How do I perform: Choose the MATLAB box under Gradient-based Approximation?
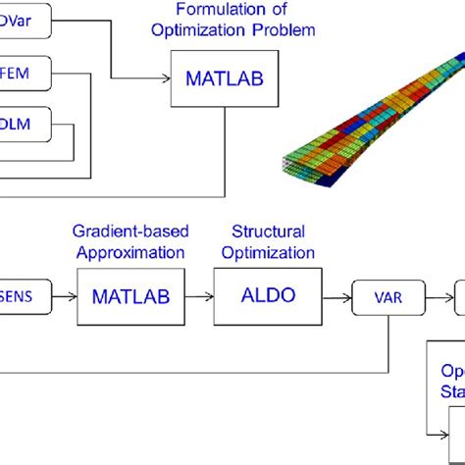click(x=131, y=293)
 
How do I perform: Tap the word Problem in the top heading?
click(x=285, y=29)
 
